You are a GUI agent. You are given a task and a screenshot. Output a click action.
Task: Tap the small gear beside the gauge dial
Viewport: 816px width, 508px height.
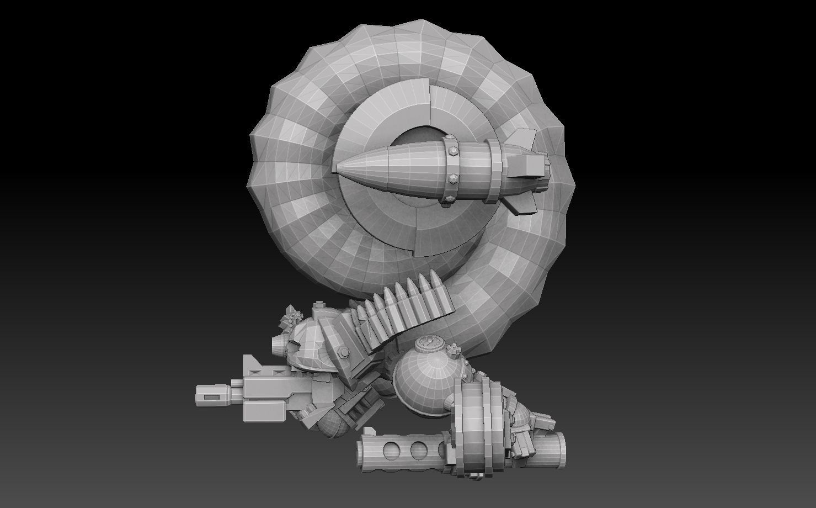point(455,349)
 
